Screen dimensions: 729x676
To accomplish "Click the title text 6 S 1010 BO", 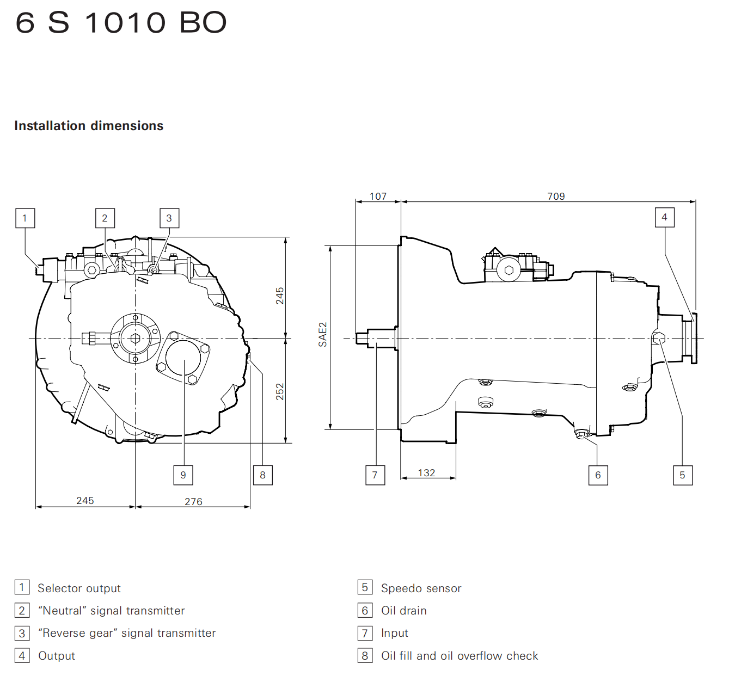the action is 121,23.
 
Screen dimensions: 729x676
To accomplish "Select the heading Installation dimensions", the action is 89,126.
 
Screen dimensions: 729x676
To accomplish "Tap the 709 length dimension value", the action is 556,196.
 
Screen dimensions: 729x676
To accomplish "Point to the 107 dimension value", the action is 378,196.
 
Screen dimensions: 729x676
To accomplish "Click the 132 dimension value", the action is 426,472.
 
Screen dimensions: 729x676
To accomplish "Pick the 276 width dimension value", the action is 193,501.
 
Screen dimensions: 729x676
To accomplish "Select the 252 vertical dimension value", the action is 280,391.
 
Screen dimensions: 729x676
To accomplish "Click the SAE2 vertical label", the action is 323,335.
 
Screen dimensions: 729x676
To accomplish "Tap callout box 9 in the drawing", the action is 183,475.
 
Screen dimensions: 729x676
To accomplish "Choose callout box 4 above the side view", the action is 665,217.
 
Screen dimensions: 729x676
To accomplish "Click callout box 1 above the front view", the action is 25,218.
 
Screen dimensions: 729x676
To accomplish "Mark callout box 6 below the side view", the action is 598,475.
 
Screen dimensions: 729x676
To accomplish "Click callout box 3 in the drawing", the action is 169,218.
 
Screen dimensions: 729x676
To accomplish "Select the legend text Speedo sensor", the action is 421,588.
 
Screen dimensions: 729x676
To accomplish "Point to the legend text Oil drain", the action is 404,611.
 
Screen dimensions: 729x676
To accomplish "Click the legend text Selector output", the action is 79,588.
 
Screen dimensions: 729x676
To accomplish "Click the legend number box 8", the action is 365,655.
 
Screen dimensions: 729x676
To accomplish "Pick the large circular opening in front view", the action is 183,358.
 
